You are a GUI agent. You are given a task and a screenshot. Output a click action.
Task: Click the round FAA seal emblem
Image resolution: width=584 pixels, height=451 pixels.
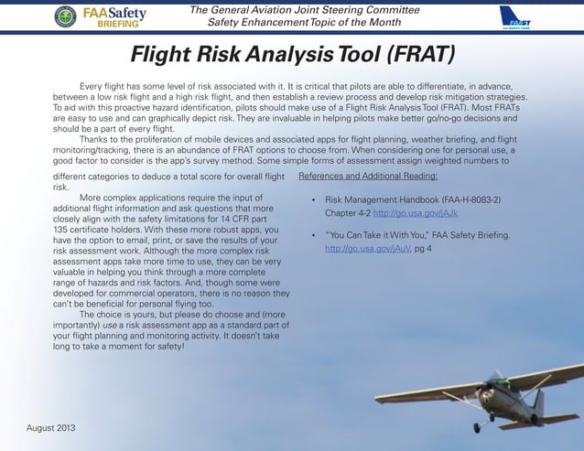pos(65,16)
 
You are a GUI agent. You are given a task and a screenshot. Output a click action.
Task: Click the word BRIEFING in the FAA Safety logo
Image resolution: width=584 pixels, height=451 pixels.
pos(119,26)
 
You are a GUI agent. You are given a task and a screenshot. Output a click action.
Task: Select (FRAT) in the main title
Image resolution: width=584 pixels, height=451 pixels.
pos(414,57)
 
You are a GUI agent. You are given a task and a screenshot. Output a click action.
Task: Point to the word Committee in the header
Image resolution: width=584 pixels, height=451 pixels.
pos(385,8)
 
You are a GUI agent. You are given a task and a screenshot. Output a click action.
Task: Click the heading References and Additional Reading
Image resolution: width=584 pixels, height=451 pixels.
pos(368,175)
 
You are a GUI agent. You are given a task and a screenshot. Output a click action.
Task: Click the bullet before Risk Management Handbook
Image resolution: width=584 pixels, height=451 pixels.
pos(313,199)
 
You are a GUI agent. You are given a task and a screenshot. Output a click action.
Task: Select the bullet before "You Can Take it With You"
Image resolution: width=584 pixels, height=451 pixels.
pos(313,235)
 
